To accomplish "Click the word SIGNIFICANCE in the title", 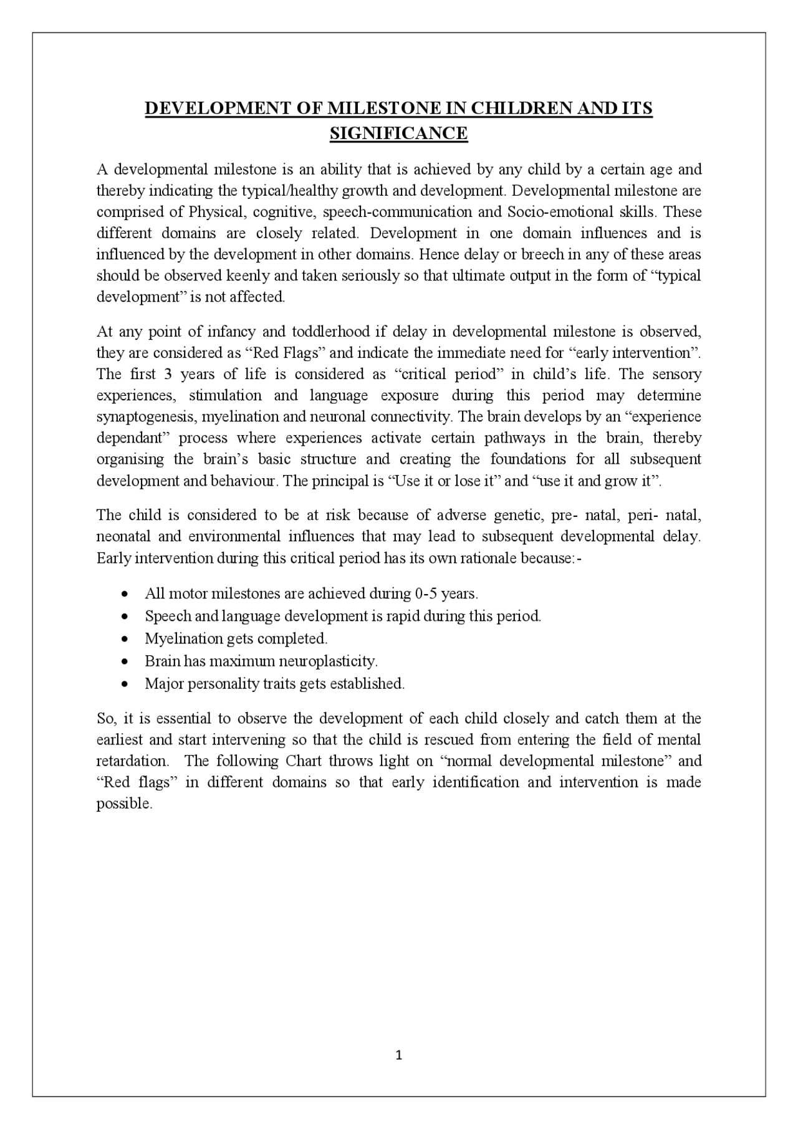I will click(398, 133).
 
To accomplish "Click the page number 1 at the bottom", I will click(399, 1055).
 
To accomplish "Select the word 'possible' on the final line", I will click(123, 804).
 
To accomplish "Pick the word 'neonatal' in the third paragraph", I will click(122, 537).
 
